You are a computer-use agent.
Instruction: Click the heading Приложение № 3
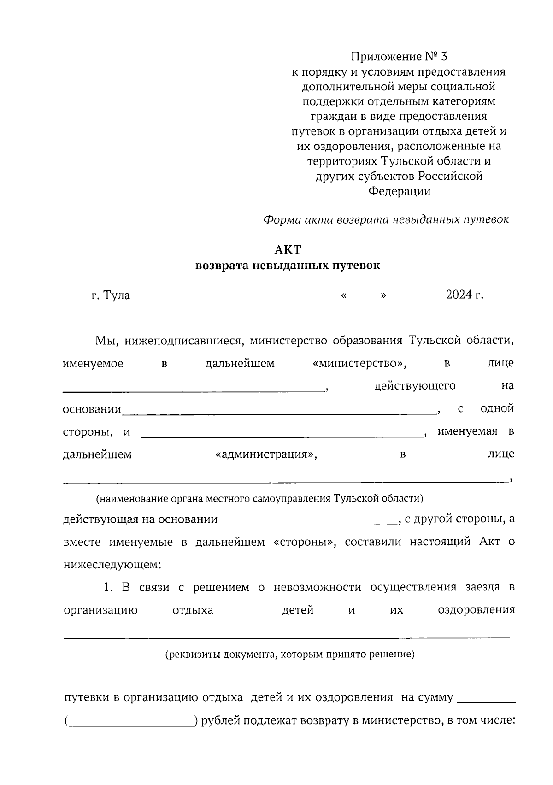click(x=399, y=57)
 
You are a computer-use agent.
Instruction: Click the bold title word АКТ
click(x=288, y=250)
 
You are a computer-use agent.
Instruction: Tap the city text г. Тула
click(x=111, y=295)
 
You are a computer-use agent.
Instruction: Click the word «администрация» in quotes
click(x=266, y=455)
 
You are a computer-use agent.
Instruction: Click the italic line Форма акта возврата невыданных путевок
click(x=386, y=220)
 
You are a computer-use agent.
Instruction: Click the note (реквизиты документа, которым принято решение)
click(x=290, y=654)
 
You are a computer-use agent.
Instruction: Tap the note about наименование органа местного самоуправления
click(x=259, y=498)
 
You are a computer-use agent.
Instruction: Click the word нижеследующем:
click(x=112, y=564)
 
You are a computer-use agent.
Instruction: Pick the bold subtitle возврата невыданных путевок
click(x=288, y=266)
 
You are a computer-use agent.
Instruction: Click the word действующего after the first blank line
click(x=415, y=386)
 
